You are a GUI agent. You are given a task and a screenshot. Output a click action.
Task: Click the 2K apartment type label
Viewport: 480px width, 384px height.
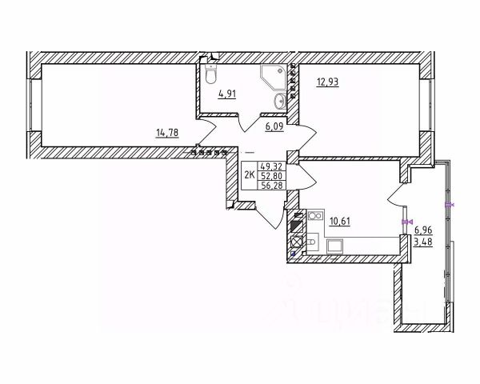click(x=249, y=174)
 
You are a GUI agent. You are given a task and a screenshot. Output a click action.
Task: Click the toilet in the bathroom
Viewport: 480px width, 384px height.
click(x=209, y=74)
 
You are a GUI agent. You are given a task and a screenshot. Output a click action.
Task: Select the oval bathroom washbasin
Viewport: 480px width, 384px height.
click(x=280, y=101)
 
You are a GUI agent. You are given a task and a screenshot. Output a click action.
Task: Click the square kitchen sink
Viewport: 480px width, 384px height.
click(x=297, y=242)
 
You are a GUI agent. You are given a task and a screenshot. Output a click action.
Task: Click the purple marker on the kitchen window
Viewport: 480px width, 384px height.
click(x=406, y=222)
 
